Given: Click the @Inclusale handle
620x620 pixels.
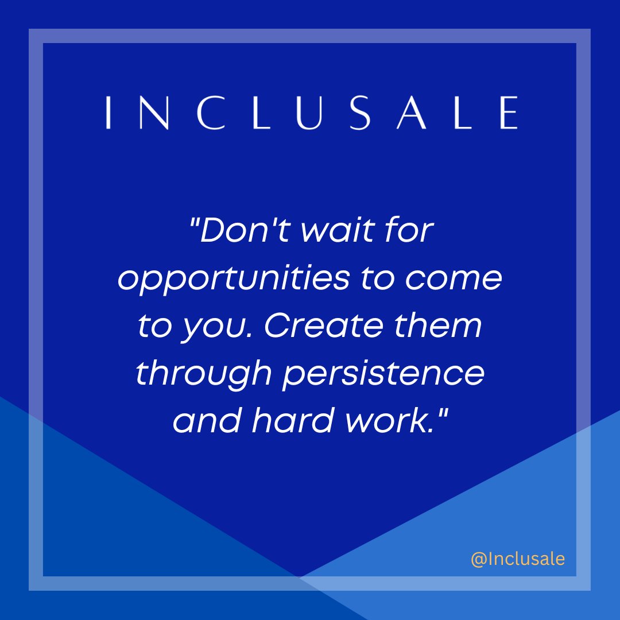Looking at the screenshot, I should point(518,559).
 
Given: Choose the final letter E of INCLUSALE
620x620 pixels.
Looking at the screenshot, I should point(507,113).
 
